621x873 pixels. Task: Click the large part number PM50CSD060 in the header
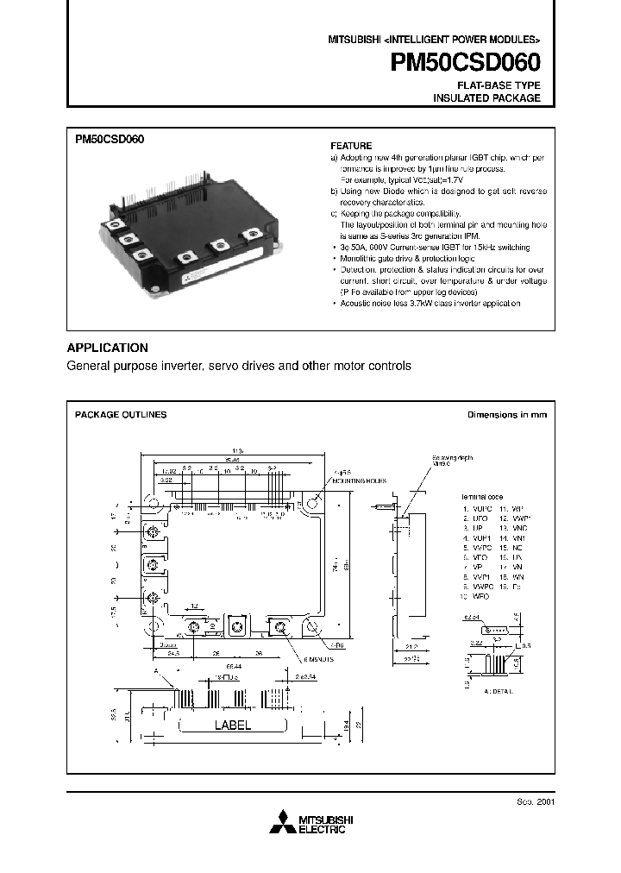click(x=466, y=62)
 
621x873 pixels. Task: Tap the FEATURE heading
click(x=352, y=146)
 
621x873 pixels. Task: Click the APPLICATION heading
click(x=108, y=348)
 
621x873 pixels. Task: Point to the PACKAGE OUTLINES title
click(x=121, y=415)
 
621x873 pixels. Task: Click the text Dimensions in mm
click(x=507, y=415)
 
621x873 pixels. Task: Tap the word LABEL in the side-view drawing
click(x=232, y=725)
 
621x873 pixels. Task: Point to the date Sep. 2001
click(x=534, y=801)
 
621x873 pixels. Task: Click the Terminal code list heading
click(x=481, y=498)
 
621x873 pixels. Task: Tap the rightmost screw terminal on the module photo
click(x=254, y=234)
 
